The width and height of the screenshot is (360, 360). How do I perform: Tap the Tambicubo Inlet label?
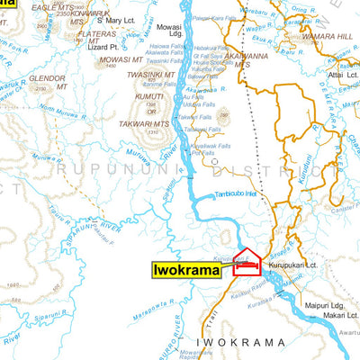pyautogui.click(x=238, y=193)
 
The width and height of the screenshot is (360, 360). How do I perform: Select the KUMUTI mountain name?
pyautogui.click(x=149, y=96)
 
